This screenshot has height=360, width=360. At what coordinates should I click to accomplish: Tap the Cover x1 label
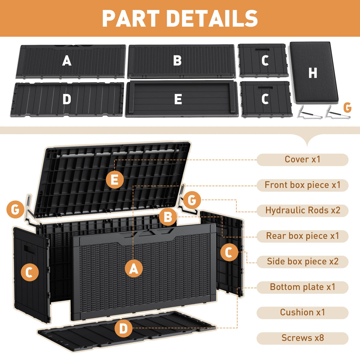point(302,160)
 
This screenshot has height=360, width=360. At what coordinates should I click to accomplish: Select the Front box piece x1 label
point(302,185)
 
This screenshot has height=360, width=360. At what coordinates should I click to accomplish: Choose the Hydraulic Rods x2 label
point(302,211)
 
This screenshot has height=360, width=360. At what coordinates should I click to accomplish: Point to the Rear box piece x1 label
point(302,236)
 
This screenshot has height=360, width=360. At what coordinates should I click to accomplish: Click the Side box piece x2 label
point(302,262)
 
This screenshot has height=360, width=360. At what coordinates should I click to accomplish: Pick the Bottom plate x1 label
point(302,287)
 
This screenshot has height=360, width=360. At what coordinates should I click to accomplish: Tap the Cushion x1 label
point(302,313)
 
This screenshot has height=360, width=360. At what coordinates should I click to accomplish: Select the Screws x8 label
point(302,338)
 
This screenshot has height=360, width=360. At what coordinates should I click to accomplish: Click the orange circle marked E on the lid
point(115,180)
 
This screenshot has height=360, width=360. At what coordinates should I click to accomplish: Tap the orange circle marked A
point(134,269)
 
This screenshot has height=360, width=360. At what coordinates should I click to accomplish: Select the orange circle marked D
point(123,329)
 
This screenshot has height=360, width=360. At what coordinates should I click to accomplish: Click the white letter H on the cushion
point(313,73)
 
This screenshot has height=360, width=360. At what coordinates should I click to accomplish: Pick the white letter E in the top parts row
point(178,99)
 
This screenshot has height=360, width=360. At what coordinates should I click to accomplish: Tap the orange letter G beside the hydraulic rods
point(347,108)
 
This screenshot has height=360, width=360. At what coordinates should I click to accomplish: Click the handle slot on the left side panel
point(30,248)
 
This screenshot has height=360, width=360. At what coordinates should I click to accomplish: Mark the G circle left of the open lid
point(15,210)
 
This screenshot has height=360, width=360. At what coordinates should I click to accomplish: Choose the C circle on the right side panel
point(229,253)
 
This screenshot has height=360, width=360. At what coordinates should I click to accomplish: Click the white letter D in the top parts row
point(67,99)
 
